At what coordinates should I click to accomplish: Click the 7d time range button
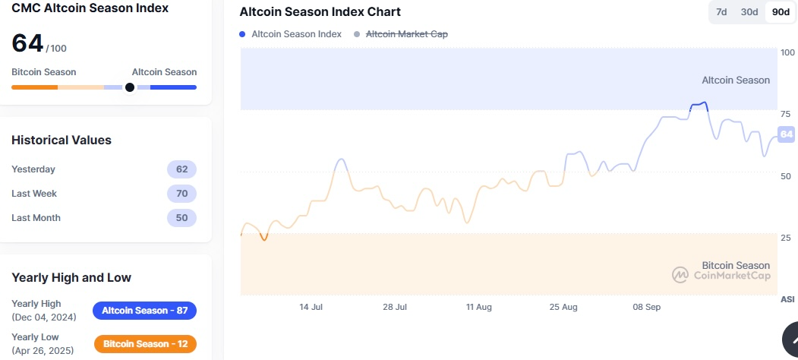[x=721, y=12]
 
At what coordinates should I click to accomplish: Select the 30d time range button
[x=749, y=12]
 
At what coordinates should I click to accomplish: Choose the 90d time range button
[x=780, y=12]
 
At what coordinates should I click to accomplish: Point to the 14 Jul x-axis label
[x=311, y=307]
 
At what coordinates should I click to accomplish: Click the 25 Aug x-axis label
[x=563, y=307]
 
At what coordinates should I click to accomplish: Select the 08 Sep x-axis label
[x=647, y=307]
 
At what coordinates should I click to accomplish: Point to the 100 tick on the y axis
[x=787, y=52]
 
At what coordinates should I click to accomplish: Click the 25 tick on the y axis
[x=785, y=238]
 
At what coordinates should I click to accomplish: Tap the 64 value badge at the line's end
[x=787, y=134]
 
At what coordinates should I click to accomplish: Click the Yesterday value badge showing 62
[x=181, y=169]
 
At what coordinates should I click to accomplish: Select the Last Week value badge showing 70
[x=181, y=194]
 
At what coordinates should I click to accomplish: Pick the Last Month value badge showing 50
[x=181, y=218]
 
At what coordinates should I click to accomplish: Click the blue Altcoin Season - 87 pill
[x=144, y=311]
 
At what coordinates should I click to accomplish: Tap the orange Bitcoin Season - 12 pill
[x=145, y=344]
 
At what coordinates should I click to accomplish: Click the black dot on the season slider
[x=130, y=87]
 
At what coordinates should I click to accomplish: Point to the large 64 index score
[x=27, y=43]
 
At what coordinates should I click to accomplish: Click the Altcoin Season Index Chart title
[x=320, y=12]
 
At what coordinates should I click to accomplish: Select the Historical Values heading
[x=62, y=140]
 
